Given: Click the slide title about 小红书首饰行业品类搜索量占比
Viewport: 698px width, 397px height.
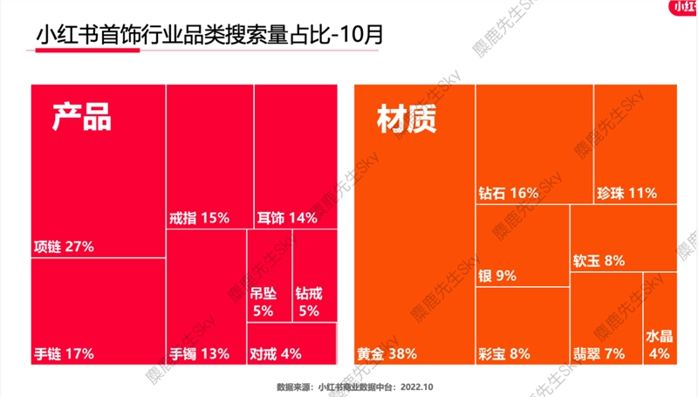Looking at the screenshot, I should (x=209, y=37).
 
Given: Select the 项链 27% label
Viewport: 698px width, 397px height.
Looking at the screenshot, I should (x=63, y=246).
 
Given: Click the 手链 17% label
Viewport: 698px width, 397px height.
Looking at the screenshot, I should (x=63, y=353).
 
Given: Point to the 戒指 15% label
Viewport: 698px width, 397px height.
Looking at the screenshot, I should (x=199, y=217).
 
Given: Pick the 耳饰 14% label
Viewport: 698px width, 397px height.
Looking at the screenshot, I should (x=287, y=217).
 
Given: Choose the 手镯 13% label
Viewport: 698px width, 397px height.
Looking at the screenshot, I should (x=199, y=353).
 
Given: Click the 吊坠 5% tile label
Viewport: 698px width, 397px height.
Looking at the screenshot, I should (x=263, y=302).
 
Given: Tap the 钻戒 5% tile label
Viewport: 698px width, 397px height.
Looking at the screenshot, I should (x=309, y=302).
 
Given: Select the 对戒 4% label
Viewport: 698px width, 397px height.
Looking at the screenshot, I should (x=276, y=353).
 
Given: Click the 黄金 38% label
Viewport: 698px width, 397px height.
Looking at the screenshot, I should (x=387, y=353).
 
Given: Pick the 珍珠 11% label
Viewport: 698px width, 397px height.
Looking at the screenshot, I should (x=626, y=192).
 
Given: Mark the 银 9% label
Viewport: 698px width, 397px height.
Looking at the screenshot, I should (x=497, y=276).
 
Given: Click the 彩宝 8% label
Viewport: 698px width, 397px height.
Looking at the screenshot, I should (x=504, y=353).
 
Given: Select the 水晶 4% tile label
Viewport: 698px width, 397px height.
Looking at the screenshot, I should (x=659, y=345).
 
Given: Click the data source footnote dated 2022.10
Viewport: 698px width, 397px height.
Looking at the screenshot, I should (x=354, y=385).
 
